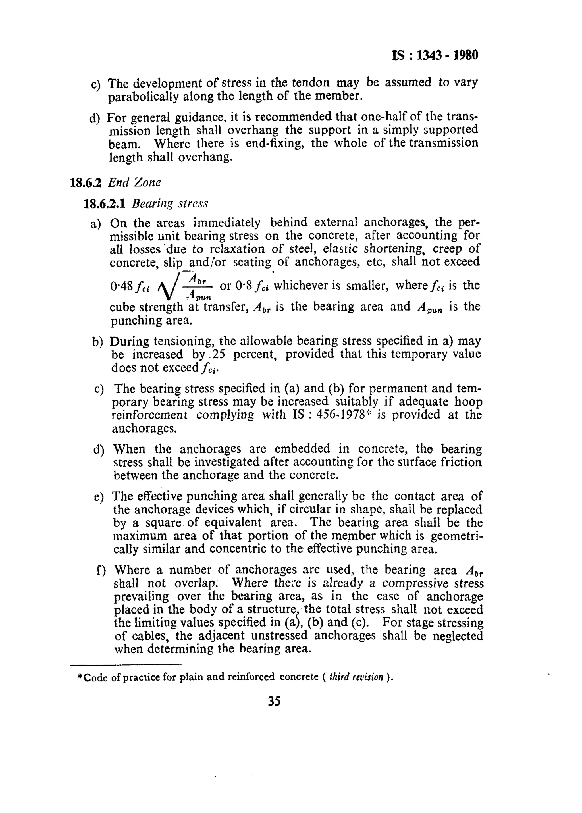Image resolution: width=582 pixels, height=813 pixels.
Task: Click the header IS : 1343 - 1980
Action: tap(435, 55)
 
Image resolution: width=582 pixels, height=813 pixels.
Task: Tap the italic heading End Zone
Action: tap(134, 183)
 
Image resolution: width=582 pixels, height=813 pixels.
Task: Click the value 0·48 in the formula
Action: tap(122, 286)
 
